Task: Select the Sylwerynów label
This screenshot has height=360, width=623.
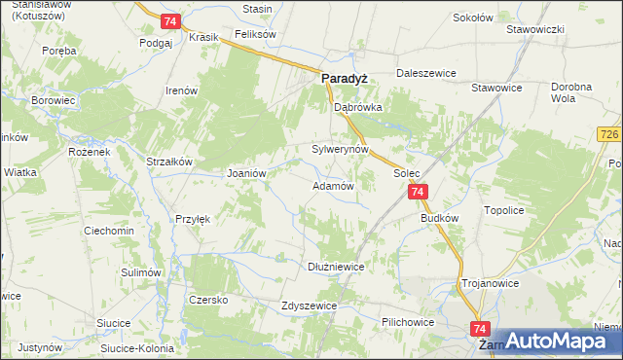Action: pyautogui.click(x=340, y=150)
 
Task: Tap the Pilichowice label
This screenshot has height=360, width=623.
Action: pyautogui.click(x=408, y=320)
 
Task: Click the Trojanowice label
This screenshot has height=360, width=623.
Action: pyautogui.click(x=490, y=284)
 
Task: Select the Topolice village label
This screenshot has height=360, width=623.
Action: pyautogui.click(x=505, y=210)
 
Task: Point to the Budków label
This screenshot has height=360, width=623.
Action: pyautogui.click(x=439, y=219)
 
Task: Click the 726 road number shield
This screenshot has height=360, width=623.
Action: pyautogui.click(x=610, y=132)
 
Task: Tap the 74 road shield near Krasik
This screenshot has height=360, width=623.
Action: pyautogui.click(x=170, y=21)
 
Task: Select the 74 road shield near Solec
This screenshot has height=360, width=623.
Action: pyautogui.click(x=417, y=194)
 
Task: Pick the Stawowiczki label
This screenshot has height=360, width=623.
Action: pyautogui.click(x=535, y=29)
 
